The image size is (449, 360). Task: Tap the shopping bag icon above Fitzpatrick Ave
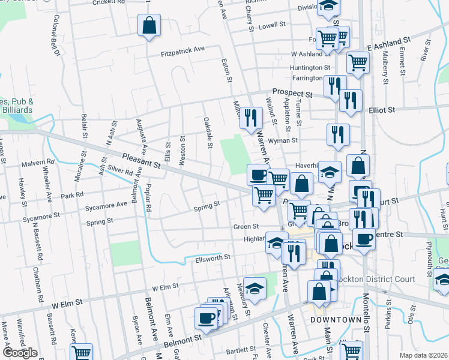(x=149, y=26)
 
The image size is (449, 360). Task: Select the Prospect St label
(x=292, y=94)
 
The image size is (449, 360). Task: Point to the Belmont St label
(x=183, y=343)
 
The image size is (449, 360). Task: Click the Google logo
(x=20, y=352)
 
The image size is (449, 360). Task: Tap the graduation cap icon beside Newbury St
(x=255, y=287)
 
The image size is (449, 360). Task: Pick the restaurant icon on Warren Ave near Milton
(x=252, y=118)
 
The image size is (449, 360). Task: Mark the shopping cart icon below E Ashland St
(x=358, y=62)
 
